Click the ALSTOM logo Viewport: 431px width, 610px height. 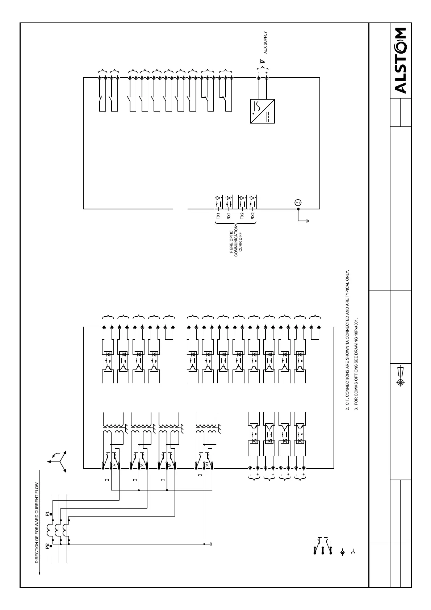tap(401, 60)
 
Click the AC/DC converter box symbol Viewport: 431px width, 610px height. tap(262, 111)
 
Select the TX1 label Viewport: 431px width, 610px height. tap(218, 216)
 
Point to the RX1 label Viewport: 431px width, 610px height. tap(229, 216)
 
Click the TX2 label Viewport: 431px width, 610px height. tap(242, 216)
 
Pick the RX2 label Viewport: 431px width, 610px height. tap(253, 216)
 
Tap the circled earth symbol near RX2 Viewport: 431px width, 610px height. tap(298, 202)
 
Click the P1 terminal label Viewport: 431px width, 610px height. tap(47, 514)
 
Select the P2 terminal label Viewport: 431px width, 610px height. tap(47, 547)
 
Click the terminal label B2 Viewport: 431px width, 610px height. tap(113, 465)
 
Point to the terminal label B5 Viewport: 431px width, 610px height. tap(142, 465)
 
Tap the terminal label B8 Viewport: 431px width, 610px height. tap(170, 465)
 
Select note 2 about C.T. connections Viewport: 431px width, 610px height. tap(347, 340)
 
